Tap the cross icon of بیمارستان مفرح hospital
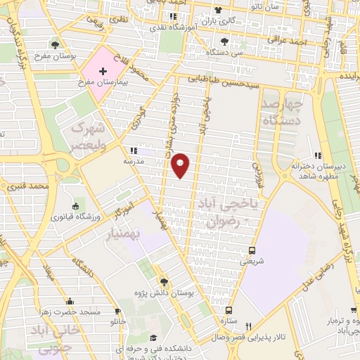(x=103, y=72)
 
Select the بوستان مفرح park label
(x=56, y=56)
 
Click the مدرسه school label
(x=134, y=160)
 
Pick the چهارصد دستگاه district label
(x=283, y=112)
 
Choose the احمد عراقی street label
(x=292, y=43)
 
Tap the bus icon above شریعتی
(x=252, y=250)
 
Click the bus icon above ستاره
(x=229, y=310)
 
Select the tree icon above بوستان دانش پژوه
(x=163, y=280)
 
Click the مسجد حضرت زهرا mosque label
(x=73, y=311)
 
